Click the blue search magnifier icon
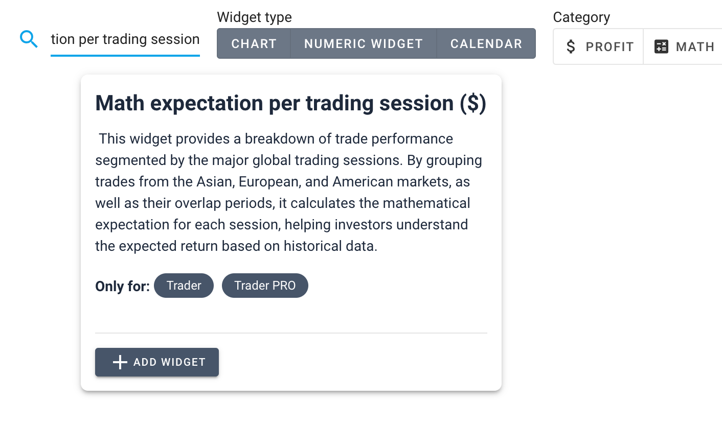coord(29,39)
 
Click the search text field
coord(125,40)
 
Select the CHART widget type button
coord(254,43)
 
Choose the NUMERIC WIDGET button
coord(363,43)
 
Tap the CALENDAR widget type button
coord(486,43)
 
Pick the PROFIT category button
coord(599,46)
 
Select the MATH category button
coord(683,46)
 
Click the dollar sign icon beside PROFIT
coord(571,46)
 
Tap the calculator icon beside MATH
coord(661,46)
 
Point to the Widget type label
coord(254,17)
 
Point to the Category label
coord(581,17)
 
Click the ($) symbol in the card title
coord(473,103)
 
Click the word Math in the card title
coord(120,103)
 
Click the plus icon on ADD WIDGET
coord(120,362)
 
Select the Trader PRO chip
coord(265,286)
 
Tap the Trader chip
coord(184,286)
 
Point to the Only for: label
coord(123,286)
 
